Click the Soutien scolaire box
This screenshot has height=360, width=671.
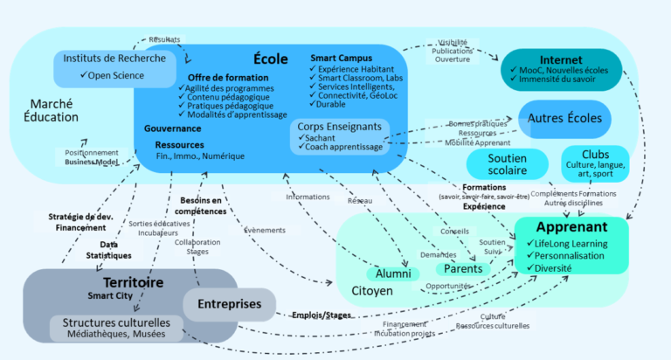click(495, 163)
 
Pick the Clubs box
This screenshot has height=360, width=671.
click(595, 163)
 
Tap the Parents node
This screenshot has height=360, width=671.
click(463, 268)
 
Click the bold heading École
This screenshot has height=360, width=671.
click(270, 59)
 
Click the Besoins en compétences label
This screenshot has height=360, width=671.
click(203, 206)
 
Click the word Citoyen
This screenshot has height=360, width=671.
click(371, 290)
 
